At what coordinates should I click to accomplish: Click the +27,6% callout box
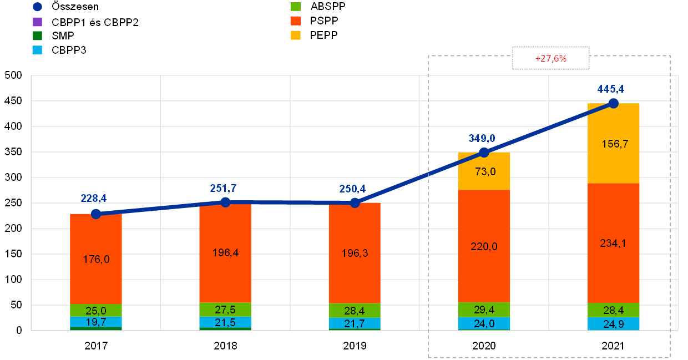(x=550, y=58)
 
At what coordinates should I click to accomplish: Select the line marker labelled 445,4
(x=613, y=103)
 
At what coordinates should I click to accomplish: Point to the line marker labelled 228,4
(x=96, y=214)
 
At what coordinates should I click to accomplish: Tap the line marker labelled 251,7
(x=225, y=202)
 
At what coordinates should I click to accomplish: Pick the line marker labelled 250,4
(x=355, y=203)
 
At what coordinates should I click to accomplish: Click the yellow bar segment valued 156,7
(x=613, y=143)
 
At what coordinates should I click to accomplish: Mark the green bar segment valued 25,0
(x=96, y=310)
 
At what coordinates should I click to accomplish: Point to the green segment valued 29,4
(x=484, y=309)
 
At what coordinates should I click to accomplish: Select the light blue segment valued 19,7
(x=96, y=322)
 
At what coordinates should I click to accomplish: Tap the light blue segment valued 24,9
(x=613, y=323)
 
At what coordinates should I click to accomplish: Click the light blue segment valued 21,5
(x=225, y=322)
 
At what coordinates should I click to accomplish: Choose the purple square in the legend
(x=37, y=22)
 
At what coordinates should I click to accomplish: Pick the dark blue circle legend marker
(x=37, y=7)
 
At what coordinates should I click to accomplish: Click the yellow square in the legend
(x=296, y=36)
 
